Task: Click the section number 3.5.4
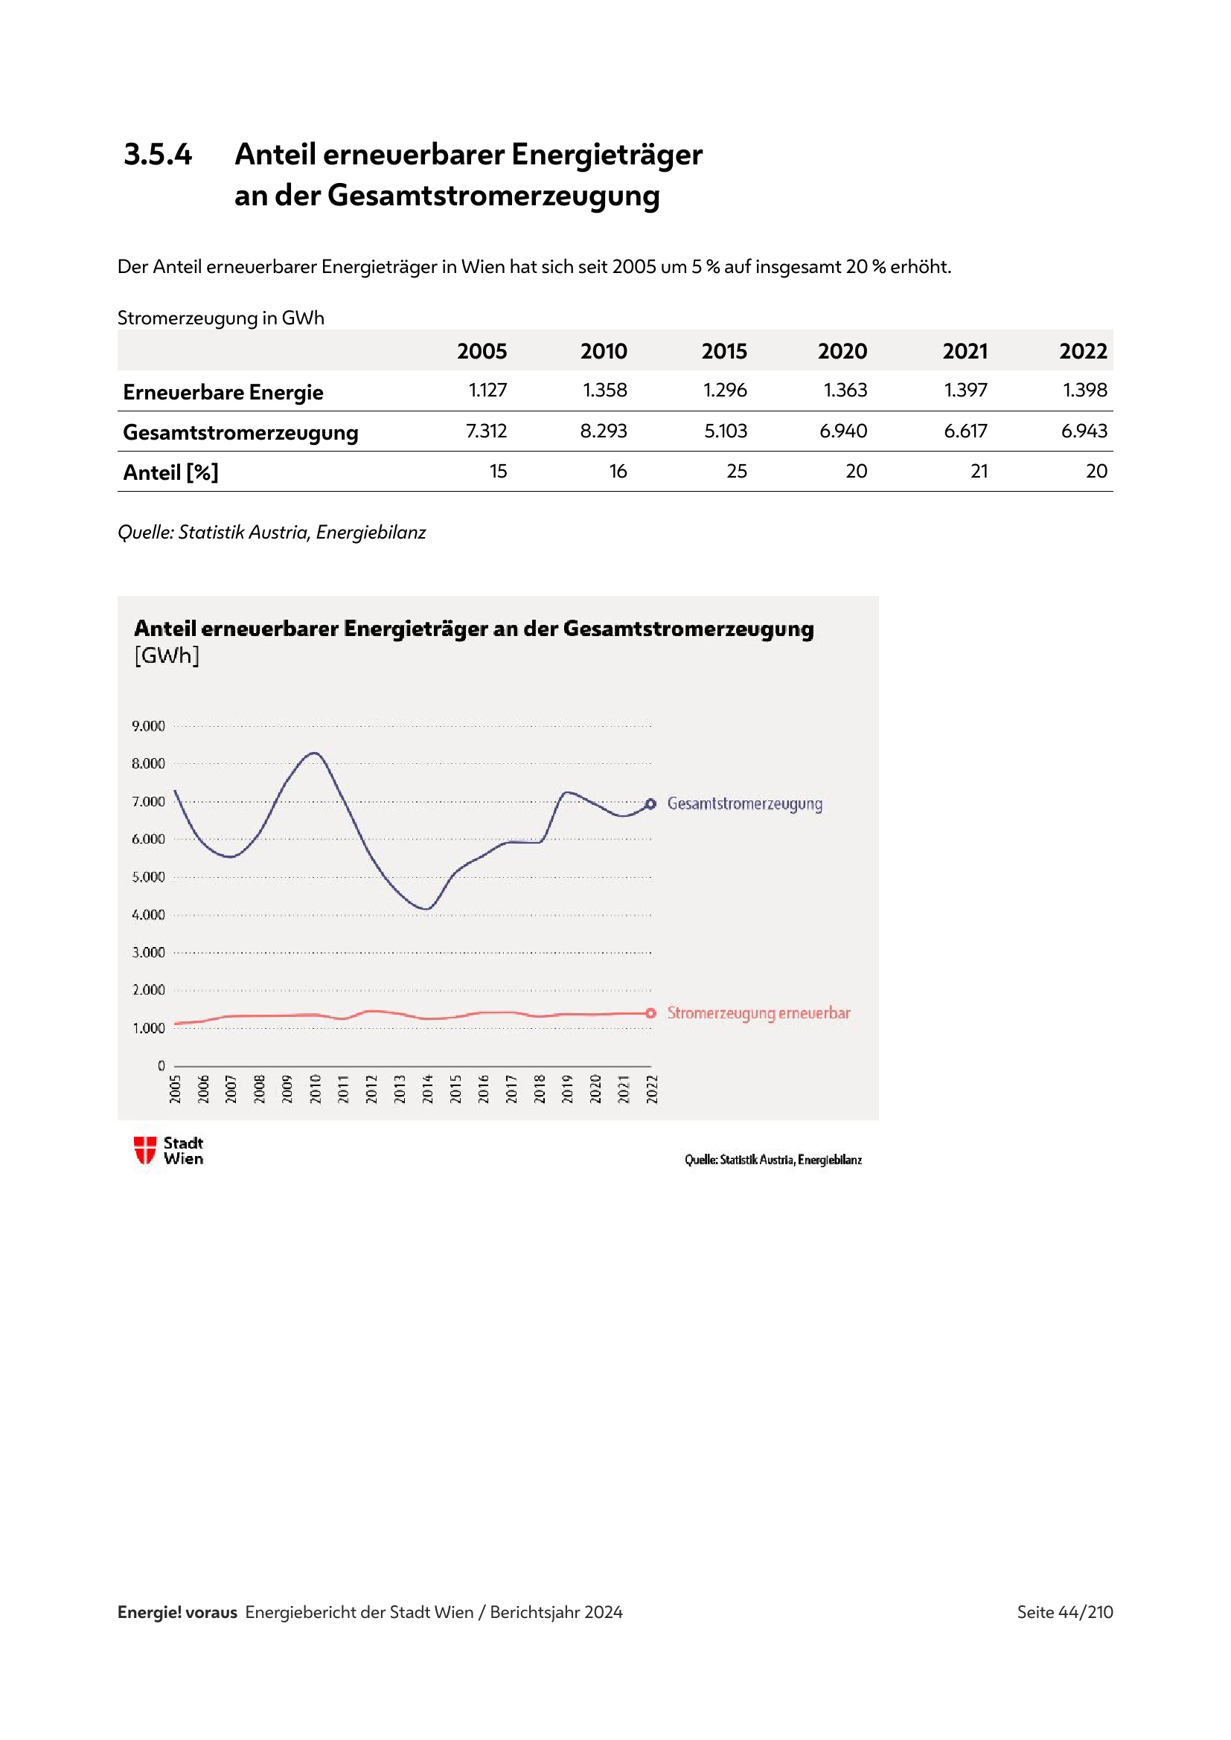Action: coord(158,155)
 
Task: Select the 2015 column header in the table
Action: coord(724,352)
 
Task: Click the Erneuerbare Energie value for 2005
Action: coord(487,391)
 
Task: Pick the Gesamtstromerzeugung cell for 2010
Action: coord(604,431)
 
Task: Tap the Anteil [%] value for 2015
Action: coord(736,472)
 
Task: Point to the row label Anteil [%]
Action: coord(170,473)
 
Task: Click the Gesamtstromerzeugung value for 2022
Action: coord(1083,431)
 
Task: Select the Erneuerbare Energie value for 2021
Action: coord(965,391)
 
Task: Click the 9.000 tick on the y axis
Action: coord(148,726)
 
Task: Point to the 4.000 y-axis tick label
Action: coord(148,915)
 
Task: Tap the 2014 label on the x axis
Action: coord(427,1089)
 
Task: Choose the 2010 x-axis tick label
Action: coord(316,1089)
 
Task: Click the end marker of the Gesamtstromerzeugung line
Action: coord(650,803)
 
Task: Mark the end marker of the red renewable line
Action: coord(650,1013)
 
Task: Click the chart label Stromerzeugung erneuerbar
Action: coord(758,1013)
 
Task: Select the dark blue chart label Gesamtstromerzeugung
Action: coord(744,803)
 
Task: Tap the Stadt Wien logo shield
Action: coord(145,1149)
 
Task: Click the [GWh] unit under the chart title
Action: coord(167,655)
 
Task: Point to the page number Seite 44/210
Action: coord(1064,1612)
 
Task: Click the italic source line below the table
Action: coord(272,533)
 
